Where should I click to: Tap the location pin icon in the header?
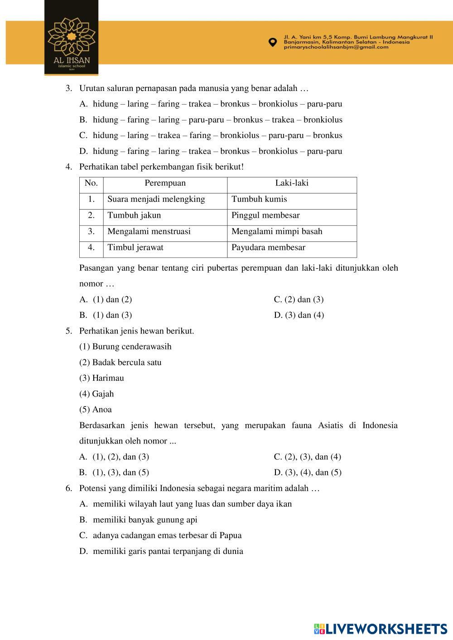272,42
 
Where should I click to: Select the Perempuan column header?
165,183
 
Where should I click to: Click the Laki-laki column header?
292,183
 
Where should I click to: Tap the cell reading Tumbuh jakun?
134,215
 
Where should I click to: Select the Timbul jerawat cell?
135,248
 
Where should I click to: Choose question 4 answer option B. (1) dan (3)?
106,315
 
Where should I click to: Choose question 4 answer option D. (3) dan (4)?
299,315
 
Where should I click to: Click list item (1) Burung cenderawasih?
125,347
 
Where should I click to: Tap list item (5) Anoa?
96,410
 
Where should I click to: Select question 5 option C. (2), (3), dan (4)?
308,457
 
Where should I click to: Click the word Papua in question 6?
231,535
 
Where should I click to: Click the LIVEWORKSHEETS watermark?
380,629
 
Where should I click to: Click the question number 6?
69,488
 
